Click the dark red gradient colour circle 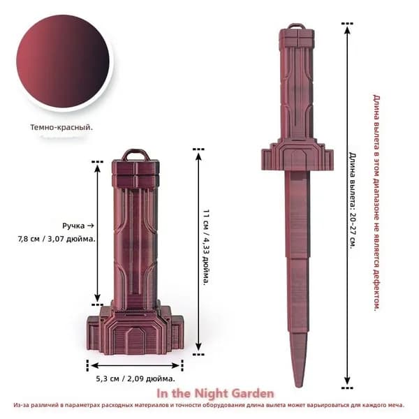point(63,61)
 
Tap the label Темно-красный point(61,127)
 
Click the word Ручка point(73,226)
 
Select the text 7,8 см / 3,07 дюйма point(57,239)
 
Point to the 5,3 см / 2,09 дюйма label point(135,378)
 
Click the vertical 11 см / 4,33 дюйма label point(206,247)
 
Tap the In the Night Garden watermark point(215,393)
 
